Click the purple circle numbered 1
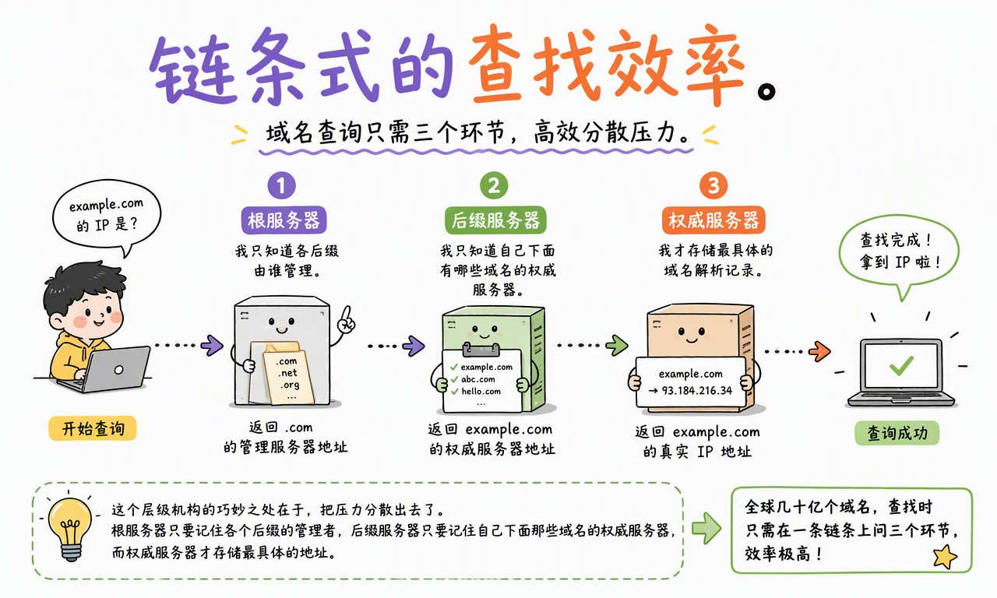click(x=281, y=185)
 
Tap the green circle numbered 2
click(x=494, y=185)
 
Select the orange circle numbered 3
click(x=713, y=185)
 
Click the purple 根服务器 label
click(x=284, y=220)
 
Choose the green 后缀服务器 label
click(x=495, y=220)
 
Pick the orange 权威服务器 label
click(x=713, y=220)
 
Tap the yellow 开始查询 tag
click(x=93, y=428)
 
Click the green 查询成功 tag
click(x=897, y=433)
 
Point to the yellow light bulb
click(x=70, y=528)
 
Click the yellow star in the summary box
click(x=945, y=557)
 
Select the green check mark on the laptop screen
click(x=901, y=365)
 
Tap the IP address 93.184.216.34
click(x=696, y=391)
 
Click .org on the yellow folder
click(x=290, y=385)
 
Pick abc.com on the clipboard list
click(x=478, y=379)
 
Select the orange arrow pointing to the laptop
click(x=819, y=351)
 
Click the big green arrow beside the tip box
click(x=706, y=528)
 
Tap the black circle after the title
click(x=766, y=92)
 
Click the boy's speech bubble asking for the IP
click(x=107, y=216)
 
